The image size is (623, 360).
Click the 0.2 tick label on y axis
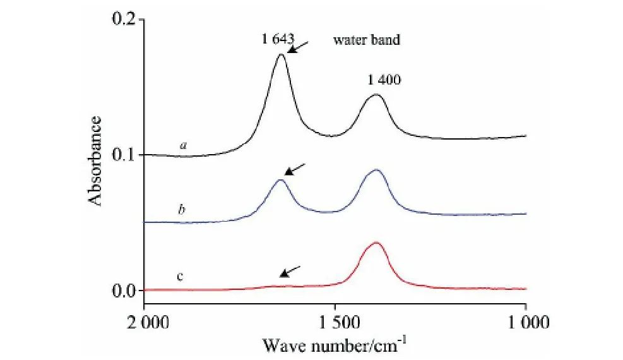pyautogui.click(x=126, y=19)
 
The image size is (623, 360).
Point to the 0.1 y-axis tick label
pyautogui.click(x=126, y=155)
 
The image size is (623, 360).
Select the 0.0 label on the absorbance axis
pyautogui.click(x=126, y=291)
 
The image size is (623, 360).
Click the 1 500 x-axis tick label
pyautogui.click(x=336, y=323)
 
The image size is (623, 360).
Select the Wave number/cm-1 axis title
pyautogui.click(x=335, y=345)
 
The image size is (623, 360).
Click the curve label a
pyautogui.click(x=183, y=145)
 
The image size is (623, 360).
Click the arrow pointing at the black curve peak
pyautogui.click(x=298, y=47)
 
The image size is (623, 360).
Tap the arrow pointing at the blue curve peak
pyautogui.click(x=295, y=169)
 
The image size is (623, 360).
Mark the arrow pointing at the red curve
pyautogui.click(x=290, y=271)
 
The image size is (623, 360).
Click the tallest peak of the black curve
pyautogui.click(x=281, y=55)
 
